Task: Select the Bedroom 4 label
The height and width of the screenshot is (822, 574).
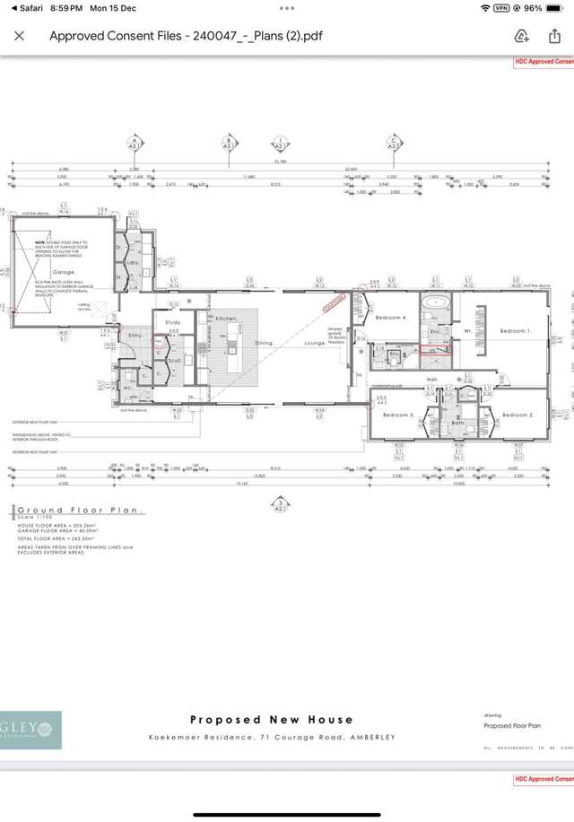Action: tap(391, 319)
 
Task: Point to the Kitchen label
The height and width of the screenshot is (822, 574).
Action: tap(226, 319)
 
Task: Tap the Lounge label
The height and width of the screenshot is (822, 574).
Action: tap(315, 343)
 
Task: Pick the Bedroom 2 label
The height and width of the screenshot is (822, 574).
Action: tap(517, 415)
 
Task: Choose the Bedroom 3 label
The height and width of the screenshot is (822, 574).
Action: tap(399, 415)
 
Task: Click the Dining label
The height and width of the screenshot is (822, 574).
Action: tap(263, 343)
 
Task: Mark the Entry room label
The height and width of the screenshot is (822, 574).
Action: tap(135, 335)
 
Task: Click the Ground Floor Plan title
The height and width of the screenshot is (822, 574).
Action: tap(79, 511)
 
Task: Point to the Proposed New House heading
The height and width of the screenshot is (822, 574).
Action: tap(272, 719)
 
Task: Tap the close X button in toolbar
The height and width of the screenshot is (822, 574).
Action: tap(20, 37)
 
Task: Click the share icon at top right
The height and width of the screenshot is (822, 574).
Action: tap(554, 36)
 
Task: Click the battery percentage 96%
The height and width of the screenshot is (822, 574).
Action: tap(533, 8)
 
